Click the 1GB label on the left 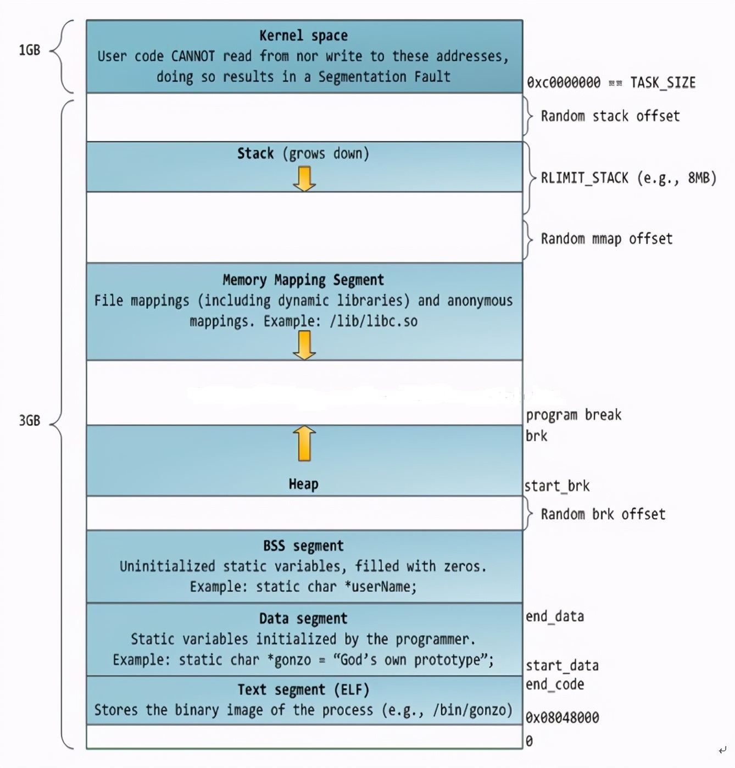coord(30,50)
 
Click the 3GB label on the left coord(30,421)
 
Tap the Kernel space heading coord(303,36)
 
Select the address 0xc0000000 coord(564,83)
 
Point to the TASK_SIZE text coord(662,83)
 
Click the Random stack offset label coord(610,116)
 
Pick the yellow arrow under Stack coord(304,179)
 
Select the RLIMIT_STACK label coord(628,178)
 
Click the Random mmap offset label coord(606,238)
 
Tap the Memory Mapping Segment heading coord(303,280)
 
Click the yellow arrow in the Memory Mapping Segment coord(304,346)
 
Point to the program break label coord(573,415)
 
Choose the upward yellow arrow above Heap coord(304,443)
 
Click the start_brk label coord(557,486)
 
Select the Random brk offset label coord(603,514)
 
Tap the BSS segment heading coord(303,546)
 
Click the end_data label coord(555,616)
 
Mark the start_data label coord(562,666)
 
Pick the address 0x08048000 coord(562,717)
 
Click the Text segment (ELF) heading coord(303,690)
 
